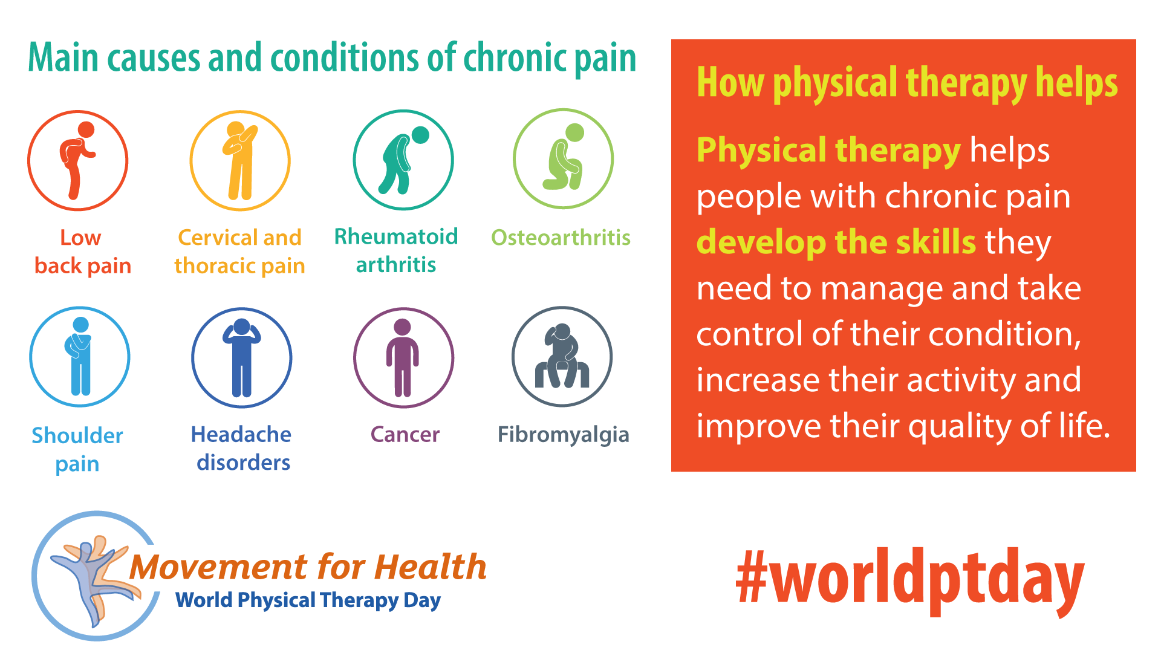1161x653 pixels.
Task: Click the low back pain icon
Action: point(78,160)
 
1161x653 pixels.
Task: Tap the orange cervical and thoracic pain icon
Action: point(240,160)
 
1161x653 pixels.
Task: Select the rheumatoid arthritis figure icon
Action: point(403,160)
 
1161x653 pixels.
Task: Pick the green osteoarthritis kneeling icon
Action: point(563,158)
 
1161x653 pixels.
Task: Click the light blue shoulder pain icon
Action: point(80,357)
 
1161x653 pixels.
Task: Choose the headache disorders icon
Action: point(242,358)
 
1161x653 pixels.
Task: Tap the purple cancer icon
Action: point(403,358)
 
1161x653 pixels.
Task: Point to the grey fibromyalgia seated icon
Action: point(562,357)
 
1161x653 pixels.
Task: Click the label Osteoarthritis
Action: point(561,238)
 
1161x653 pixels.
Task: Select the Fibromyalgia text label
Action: point(564,435)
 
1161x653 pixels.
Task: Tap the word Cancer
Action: point(405,435)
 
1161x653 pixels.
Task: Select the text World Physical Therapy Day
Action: point(308,600)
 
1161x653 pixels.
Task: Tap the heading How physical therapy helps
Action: point(907,83)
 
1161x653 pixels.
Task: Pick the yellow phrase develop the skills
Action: point(836,242)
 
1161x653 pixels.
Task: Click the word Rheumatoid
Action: point(396,236)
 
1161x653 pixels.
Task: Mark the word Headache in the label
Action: point(241,434)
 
